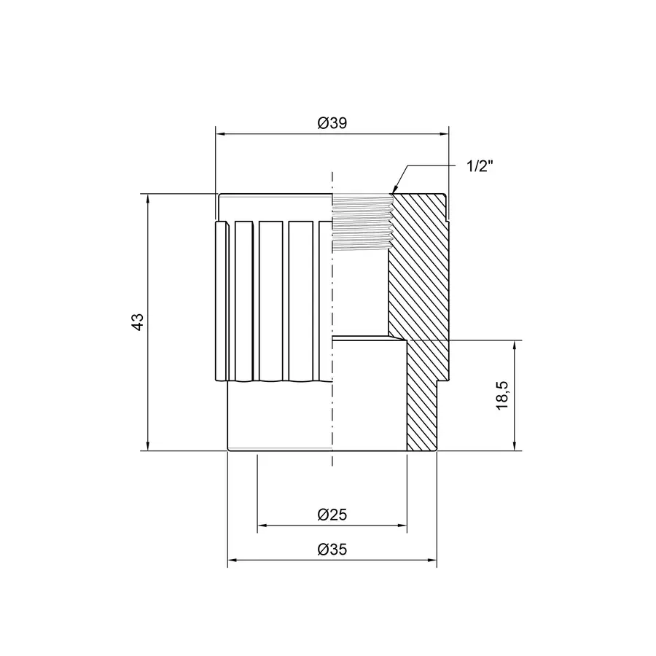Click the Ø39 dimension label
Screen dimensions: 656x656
coord(332,124)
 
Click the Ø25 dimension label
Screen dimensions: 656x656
coord(332,515)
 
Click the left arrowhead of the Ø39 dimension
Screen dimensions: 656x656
coord(220,134)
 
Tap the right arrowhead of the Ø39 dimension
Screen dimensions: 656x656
coord(442,134)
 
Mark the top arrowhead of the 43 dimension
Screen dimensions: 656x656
coord(149,199)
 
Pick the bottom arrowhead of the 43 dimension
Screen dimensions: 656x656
coord(149,446)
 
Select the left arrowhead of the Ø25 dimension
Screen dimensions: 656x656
coord(262,525)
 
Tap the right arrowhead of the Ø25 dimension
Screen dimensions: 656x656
coord(402,525)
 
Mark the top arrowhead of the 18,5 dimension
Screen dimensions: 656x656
coord(515,345)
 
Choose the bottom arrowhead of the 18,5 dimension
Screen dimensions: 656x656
coord(515,446)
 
